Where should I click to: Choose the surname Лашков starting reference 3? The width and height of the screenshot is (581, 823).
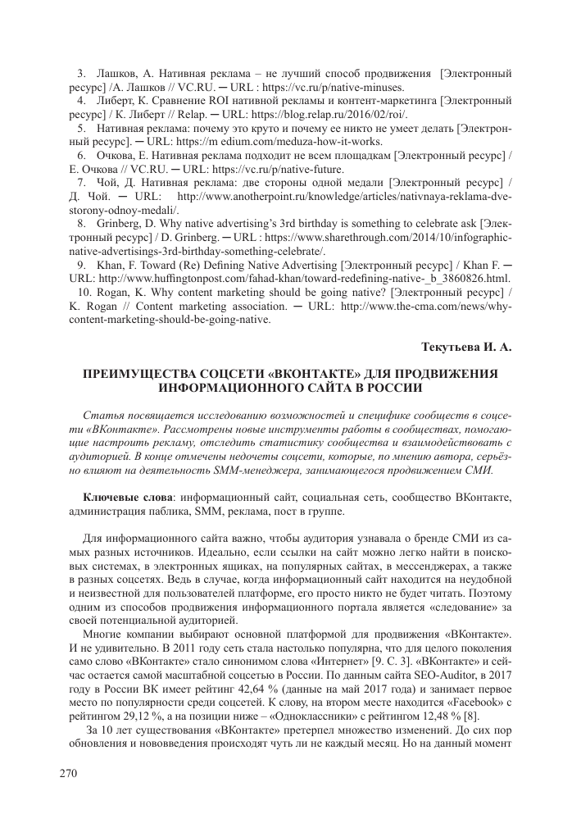[119, 75]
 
